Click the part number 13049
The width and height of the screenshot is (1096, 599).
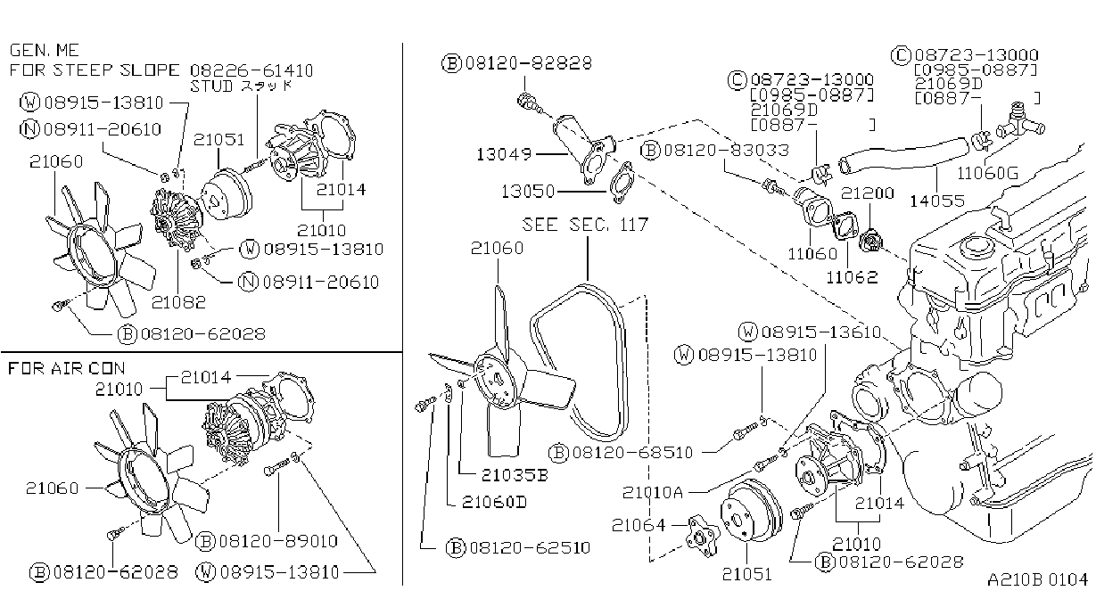pos(504,154)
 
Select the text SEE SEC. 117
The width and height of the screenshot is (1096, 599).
pos(585,225)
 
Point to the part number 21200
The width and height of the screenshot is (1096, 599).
pos(867,193)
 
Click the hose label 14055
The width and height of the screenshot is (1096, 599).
pos(937,201)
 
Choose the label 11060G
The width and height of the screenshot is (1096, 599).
pos(987,173)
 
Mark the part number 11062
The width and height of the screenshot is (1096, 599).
pos(852,277)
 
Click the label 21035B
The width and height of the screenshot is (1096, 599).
pos(515,475)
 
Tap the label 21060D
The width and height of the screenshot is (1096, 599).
pos(494,502)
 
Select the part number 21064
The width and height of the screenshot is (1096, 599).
pos(639,525)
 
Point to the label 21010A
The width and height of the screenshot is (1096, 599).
pos(652,492)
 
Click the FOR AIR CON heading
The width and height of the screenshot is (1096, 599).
pos(67,368)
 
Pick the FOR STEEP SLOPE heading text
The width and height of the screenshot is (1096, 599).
pos(95,70)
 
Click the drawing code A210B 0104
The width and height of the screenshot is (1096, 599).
pos(1037,579)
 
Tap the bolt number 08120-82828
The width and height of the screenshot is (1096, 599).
pos(529,62)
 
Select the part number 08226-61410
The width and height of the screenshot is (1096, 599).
pos(251,70)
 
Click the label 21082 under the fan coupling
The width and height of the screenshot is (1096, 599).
pos(178,302)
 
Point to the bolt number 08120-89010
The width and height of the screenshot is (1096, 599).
pos(278,541)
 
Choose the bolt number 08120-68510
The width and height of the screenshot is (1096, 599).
pos(632,452)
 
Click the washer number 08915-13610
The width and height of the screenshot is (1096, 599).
pos(821,332)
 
